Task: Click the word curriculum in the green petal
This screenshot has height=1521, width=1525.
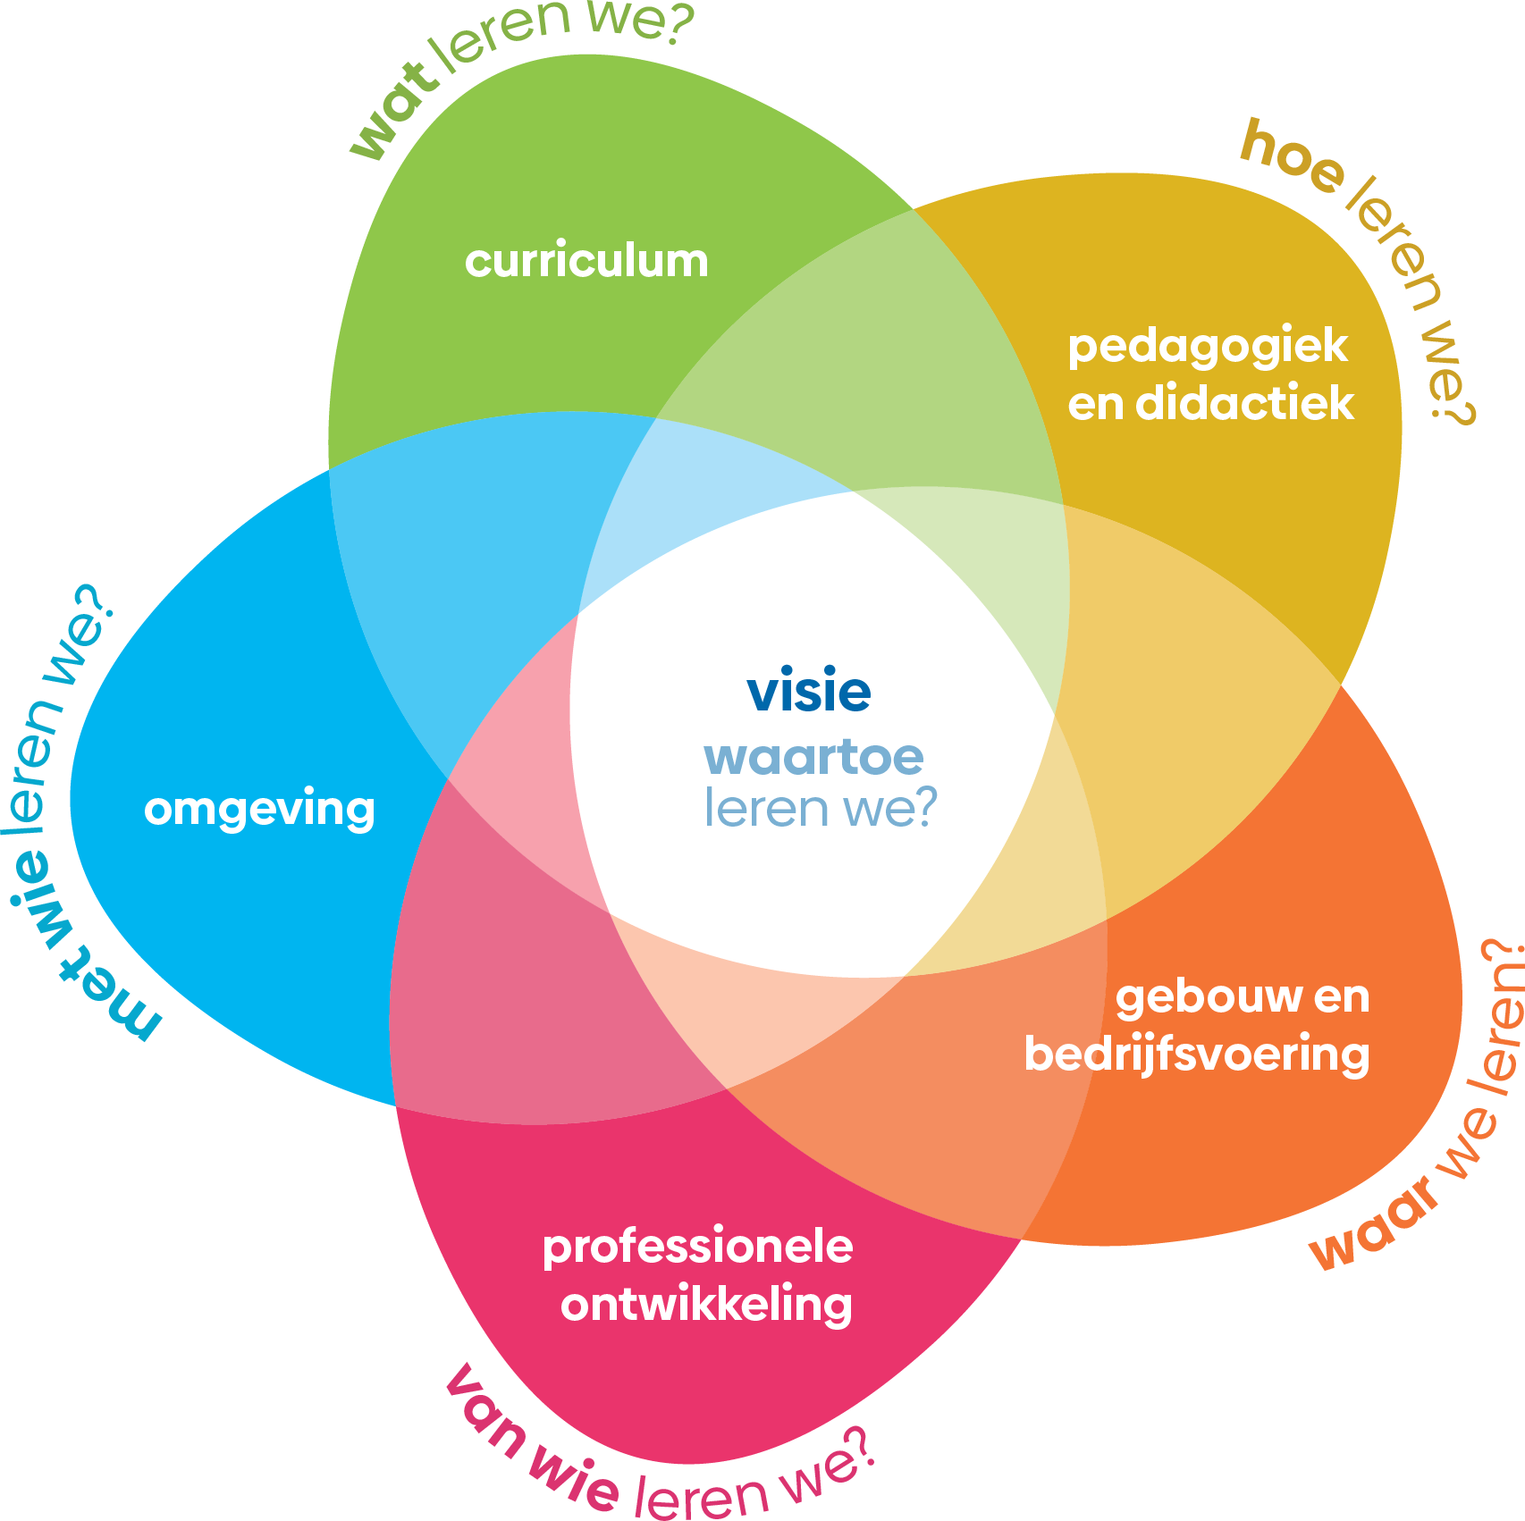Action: click(x=586, y=261)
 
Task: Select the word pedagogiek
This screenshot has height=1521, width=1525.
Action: click(x=1208, y=348)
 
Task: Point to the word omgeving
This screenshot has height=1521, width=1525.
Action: click(x=259, y=811)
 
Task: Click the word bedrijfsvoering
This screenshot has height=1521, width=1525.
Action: click(x=1196, y=1055)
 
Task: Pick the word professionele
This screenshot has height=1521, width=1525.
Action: click(x=697, y=1247)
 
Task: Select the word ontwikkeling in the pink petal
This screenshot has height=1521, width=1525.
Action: click(x=706, y=1306)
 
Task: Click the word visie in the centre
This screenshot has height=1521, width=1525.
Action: click(x=809, y=692)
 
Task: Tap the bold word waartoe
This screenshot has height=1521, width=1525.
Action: click(x=813, y=758)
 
